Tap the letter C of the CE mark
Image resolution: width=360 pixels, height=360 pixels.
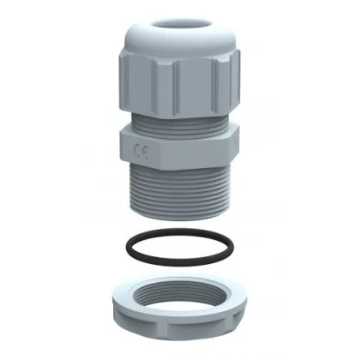pyautogui.click(x=137, y=150)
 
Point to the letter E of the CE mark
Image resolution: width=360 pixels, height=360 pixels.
pyautogui.click(x=145, y=153)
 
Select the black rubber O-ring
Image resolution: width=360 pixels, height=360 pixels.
pyautogui.click(x=180, y=247)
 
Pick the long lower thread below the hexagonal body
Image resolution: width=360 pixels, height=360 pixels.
pyautogui.click(x=180, y=192)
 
